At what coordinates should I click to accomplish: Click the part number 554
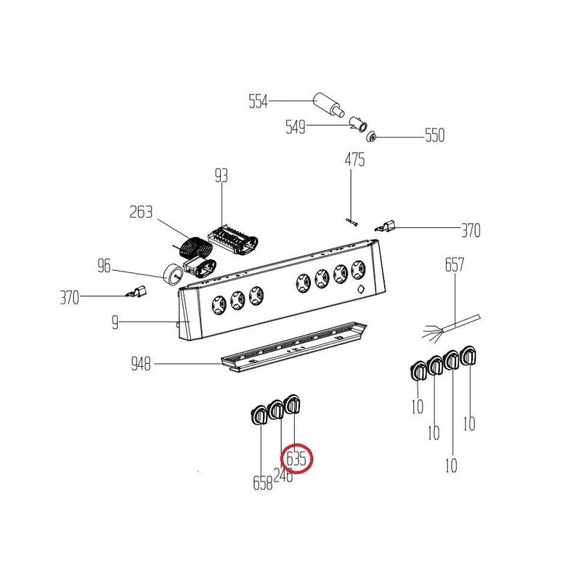pyautogui.click(x=258, y=101)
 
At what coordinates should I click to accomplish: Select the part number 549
pyautogui.click(x=296, y=126)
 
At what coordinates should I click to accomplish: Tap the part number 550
pyautogui.click(x=434, y=135)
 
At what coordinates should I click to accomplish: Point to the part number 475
pyautogui.click(x=354, y=160)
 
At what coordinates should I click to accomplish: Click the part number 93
pyautogui.click(x=222, y=176)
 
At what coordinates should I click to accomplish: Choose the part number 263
pyautogui.click(x=141, y=212)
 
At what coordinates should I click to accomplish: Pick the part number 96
pyautogui.click(x=104, y=266)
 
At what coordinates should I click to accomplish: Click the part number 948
pyautogui.click(x=141, y=364)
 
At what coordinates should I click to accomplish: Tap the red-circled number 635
pyautogui.click(x=296, y=459)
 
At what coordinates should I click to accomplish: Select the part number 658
pyautogui.click(x=263, y=483)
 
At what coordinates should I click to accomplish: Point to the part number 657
pyautogui.click(x=455, y=265)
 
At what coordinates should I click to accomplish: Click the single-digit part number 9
pyautogui.click(x=115, y=322)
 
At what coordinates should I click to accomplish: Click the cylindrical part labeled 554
pyautogui.click(x=328, y=105)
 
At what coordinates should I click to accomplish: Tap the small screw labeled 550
pyautogui.click(x=371, y=137)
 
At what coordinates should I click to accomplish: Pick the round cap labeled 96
pyautogui.click(x=172, y=275)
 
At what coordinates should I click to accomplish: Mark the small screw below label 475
pyautogui.click(x=352, y=222)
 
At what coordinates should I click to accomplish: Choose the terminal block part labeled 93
pyautogui.click(x=232, y=240)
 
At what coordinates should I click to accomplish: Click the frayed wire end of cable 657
pyautogui.click(x=434, y=331)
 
